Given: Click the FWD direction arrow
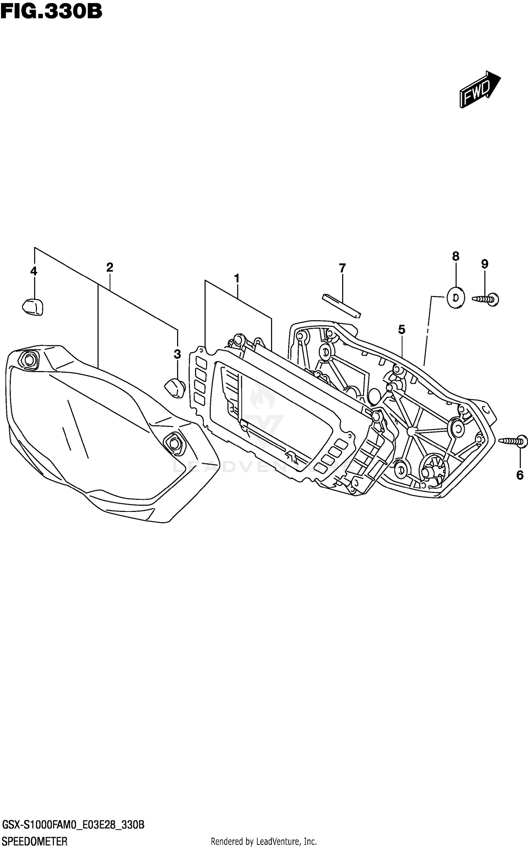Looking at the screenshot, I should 479,89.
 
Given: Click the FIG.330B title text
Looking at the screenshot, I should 51,12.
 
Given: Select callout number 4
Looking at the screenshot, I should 34,271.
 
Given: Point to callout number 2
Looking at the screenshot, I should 109,267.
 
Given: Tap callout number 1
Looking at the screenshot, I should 237,278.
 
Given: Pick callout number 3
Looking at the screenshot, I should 177,354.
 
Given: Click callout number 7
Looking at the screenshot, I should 342,268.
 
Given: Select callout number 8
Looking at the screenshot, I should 455,256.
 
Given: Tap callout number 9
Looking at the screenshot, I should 485,264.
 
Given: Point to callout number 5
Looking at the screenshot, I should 402,330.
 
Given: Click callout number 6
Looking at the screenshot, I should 520,475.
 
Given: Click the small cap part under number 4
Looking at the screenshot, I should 33,306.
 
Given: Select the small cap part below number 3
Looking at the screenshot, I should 175,388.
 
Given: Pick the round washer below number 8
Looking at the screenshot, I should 456,298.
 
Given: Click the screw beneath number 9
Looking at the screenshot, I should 486,299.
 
